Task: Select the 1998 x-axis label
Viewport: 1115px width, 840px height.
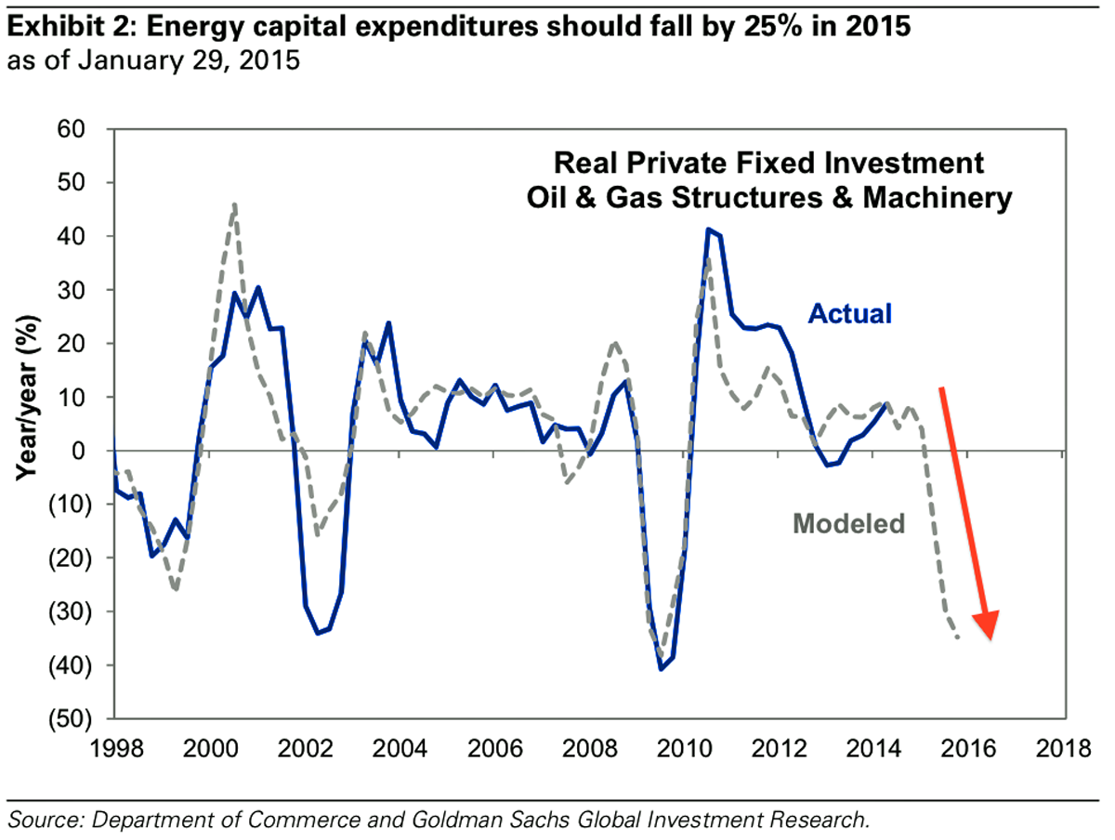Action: tap(114, 749)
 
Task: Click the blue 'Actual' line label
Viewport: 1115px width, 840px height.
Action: tap(849, 314)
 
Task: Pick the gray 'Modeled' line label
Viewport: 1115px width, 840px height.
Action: tap(848, 524)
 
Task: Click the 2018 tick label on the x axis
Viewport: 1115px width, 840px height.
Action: tap(1062, 749)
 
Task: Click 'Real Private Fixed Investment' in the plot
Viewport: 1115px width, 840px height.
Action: tap(768, 164)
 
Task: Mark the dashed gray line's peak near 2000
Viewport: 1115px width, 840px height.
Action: tap(235, 204)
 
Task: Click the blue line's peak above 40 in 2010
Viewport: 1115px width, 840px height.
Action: tap(708, 230)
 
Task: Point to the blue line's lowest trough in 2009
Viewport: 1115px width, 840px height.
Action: tap(662, 668)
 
